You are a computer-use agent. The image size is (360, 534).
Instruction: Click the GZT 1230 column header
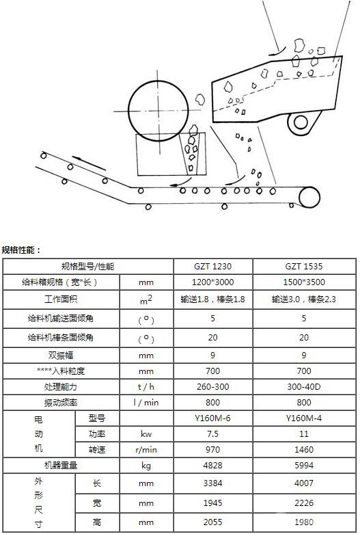tap(212, 267)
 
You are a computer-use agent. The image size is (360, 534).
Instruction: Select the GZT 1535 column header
tap(304, 267)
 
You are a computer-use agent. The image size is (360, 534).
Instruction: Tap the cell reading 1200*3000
tap(212, 282)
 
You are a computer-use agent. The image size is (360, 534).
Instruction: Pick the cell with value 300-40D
tap(304, 387)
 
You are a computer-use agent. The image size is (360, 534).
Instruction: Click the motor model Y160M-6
tap(212, 418)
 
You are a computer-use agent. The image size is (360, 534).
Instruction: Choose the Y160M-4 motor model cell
tap(304, 418)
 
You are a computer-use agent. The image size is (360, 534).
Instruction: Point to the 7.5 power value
tap(212, 434)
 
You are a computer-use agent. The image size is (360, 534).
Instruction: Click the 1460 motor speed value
tap(304, 449)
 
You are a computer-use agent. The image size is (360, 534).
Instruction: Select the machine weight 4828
tap(212, 465)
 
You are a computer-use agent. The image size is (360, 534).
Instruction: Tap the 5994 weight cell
tap(304, 465)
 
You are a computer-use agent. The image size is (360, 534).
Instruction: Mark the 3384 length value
tap(212, 483)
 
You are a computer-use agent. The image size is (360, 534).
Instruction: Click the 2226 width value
tap(304, 503)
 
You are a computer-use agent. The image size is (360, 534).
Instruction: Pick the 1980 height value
tap(304, 522)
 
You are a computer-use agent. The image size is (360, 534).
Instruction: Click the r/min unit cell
tap(146, 450)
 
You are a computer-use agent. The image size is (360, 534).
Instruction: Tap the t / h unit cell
tap(146, 387)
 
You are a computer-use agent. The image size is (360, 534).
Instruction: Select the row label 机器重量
tap(61, 465)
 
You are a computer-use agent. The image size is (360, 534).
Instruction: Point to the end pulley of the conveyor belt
tap(309, 197)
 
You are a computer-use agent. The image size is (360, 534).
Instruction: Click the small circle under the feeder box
tap(301, 122)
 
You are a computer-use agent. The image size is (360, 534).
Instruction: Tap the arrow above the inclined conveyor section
tap(89, 163)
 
